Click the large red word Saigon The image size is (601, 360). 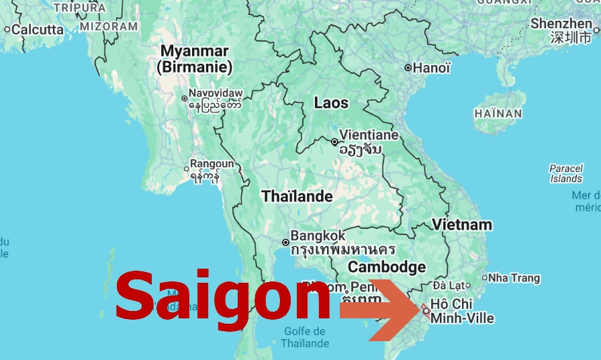[222, 296]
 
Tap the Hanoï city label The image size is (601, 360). [432, 68]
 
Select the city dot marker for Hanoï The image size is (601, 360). [408, 68]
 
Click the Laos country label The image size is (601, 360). [331, 103]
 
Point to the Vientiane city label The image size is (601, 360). [369, 134]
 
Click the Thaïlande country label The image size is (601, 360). [297, 196]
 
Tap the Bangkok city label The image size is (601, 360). [318, 236]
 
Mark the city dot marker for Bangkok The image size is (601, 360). [285, 242]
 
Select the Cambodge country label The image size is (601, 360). [386, 267]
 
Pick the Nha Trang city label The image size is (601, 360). [514, 277]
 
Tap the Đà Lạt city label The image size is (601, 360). [449, 285]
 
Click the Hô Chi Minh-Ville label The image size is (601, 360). [462, 311]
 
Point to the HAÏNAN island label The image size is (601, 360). [498, 114]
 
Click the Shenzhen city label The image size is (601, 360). [561, 24]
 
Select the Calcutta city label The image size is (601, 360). [38, 29]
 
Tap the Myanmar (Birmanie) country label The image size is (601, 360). [194, 59]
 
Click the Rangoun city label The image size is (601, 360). [212, 163]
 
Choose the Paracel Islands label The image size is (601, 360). [566, 173]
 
